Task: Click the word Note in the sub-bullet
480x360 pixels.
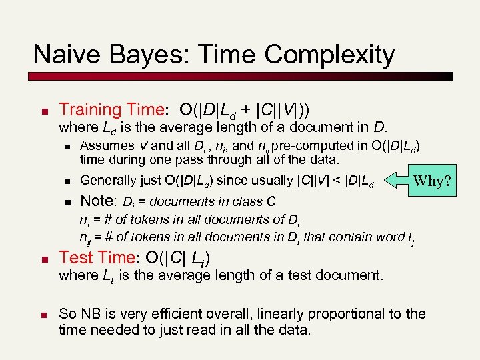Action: (98, 200)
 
